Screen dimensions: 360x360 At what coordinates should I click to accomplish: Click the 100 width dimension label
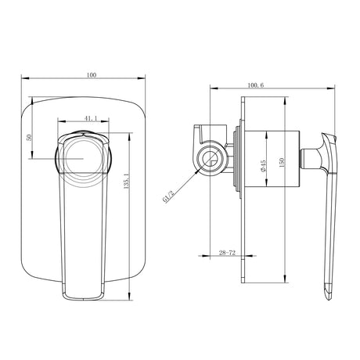point(92,75)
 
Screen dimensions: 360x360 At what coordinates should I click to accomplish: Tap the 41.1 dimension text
point(91,118)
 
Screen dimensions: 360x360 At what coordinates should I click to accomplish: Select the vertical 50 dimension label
point(29,138)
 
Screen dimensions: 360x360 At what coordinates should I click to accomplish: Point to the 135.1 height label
point(126,181)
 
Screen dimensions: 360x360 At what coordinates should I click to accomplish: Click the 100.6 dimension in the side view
point(256,85)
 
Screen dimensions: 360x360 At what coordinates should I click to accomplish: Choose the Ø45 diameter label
point(263,166)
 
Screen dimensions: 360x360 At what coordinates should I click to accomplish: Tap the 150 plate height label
point(281,162)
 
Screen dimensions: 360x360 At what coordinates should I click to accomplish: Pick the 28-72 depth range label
point(227,253)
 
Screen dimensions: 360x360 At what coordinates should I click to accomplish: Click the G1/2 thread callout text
point(167,196)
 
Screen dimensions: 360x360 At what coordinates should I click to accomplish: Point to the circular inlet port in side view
point(211,158)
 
